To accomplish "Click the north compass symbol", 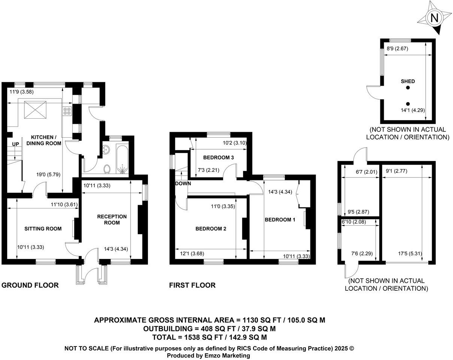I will pyautogui.click(x=434, y=18).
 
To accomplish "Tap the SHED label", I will pyautogui.click(x=408, y=81).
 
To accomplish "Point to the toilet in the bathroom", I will pyautogui.click(x=107, y=169).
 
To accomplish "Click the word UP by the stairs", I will pyautogui.click(x=15, y=144).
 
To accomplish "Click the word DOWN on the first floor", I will pyautogui.click(x=183, y=184).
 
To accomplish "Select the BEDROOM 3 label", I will pyautogui.click(x=219, y=158).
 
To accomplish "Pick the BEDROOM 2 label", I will pyautogui.click(x=210, y=229).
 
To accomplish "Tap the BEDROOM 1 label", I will pyautogui.click(x=280, y=220).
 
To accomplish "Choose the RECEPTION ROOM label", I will pyautogui.click(x=112, y=220).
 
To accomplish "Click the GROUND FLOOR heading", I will pyautogui.click(x=30, y=286).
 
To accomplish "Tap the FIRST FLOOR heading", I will pyautogui.click(x=192, y=286).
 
